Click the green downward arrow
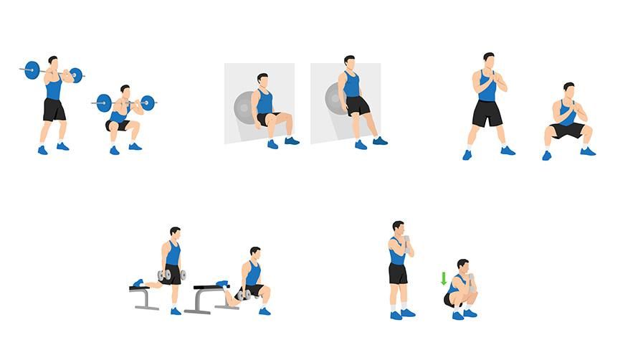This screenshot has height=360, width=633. pos(444,278)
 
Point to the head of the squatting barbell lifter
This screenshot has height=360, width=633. pos(125,90)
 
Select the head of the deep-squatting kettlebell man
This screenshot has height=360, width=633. pos(462,265)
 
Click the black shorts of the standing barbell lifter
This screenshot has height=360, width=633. pos(54,109)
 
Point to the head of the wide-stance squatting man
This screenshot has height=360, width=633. pos(568,89)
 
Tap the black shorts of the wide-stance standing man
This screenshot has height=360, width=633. pos(487,113)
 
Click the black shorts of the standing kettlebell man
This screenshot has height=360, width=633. pos(399,273)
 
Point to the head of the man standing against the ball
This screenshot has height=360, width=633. pos(349,62)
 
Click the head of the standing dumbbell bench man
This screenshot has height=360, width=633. pos(174,234)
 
